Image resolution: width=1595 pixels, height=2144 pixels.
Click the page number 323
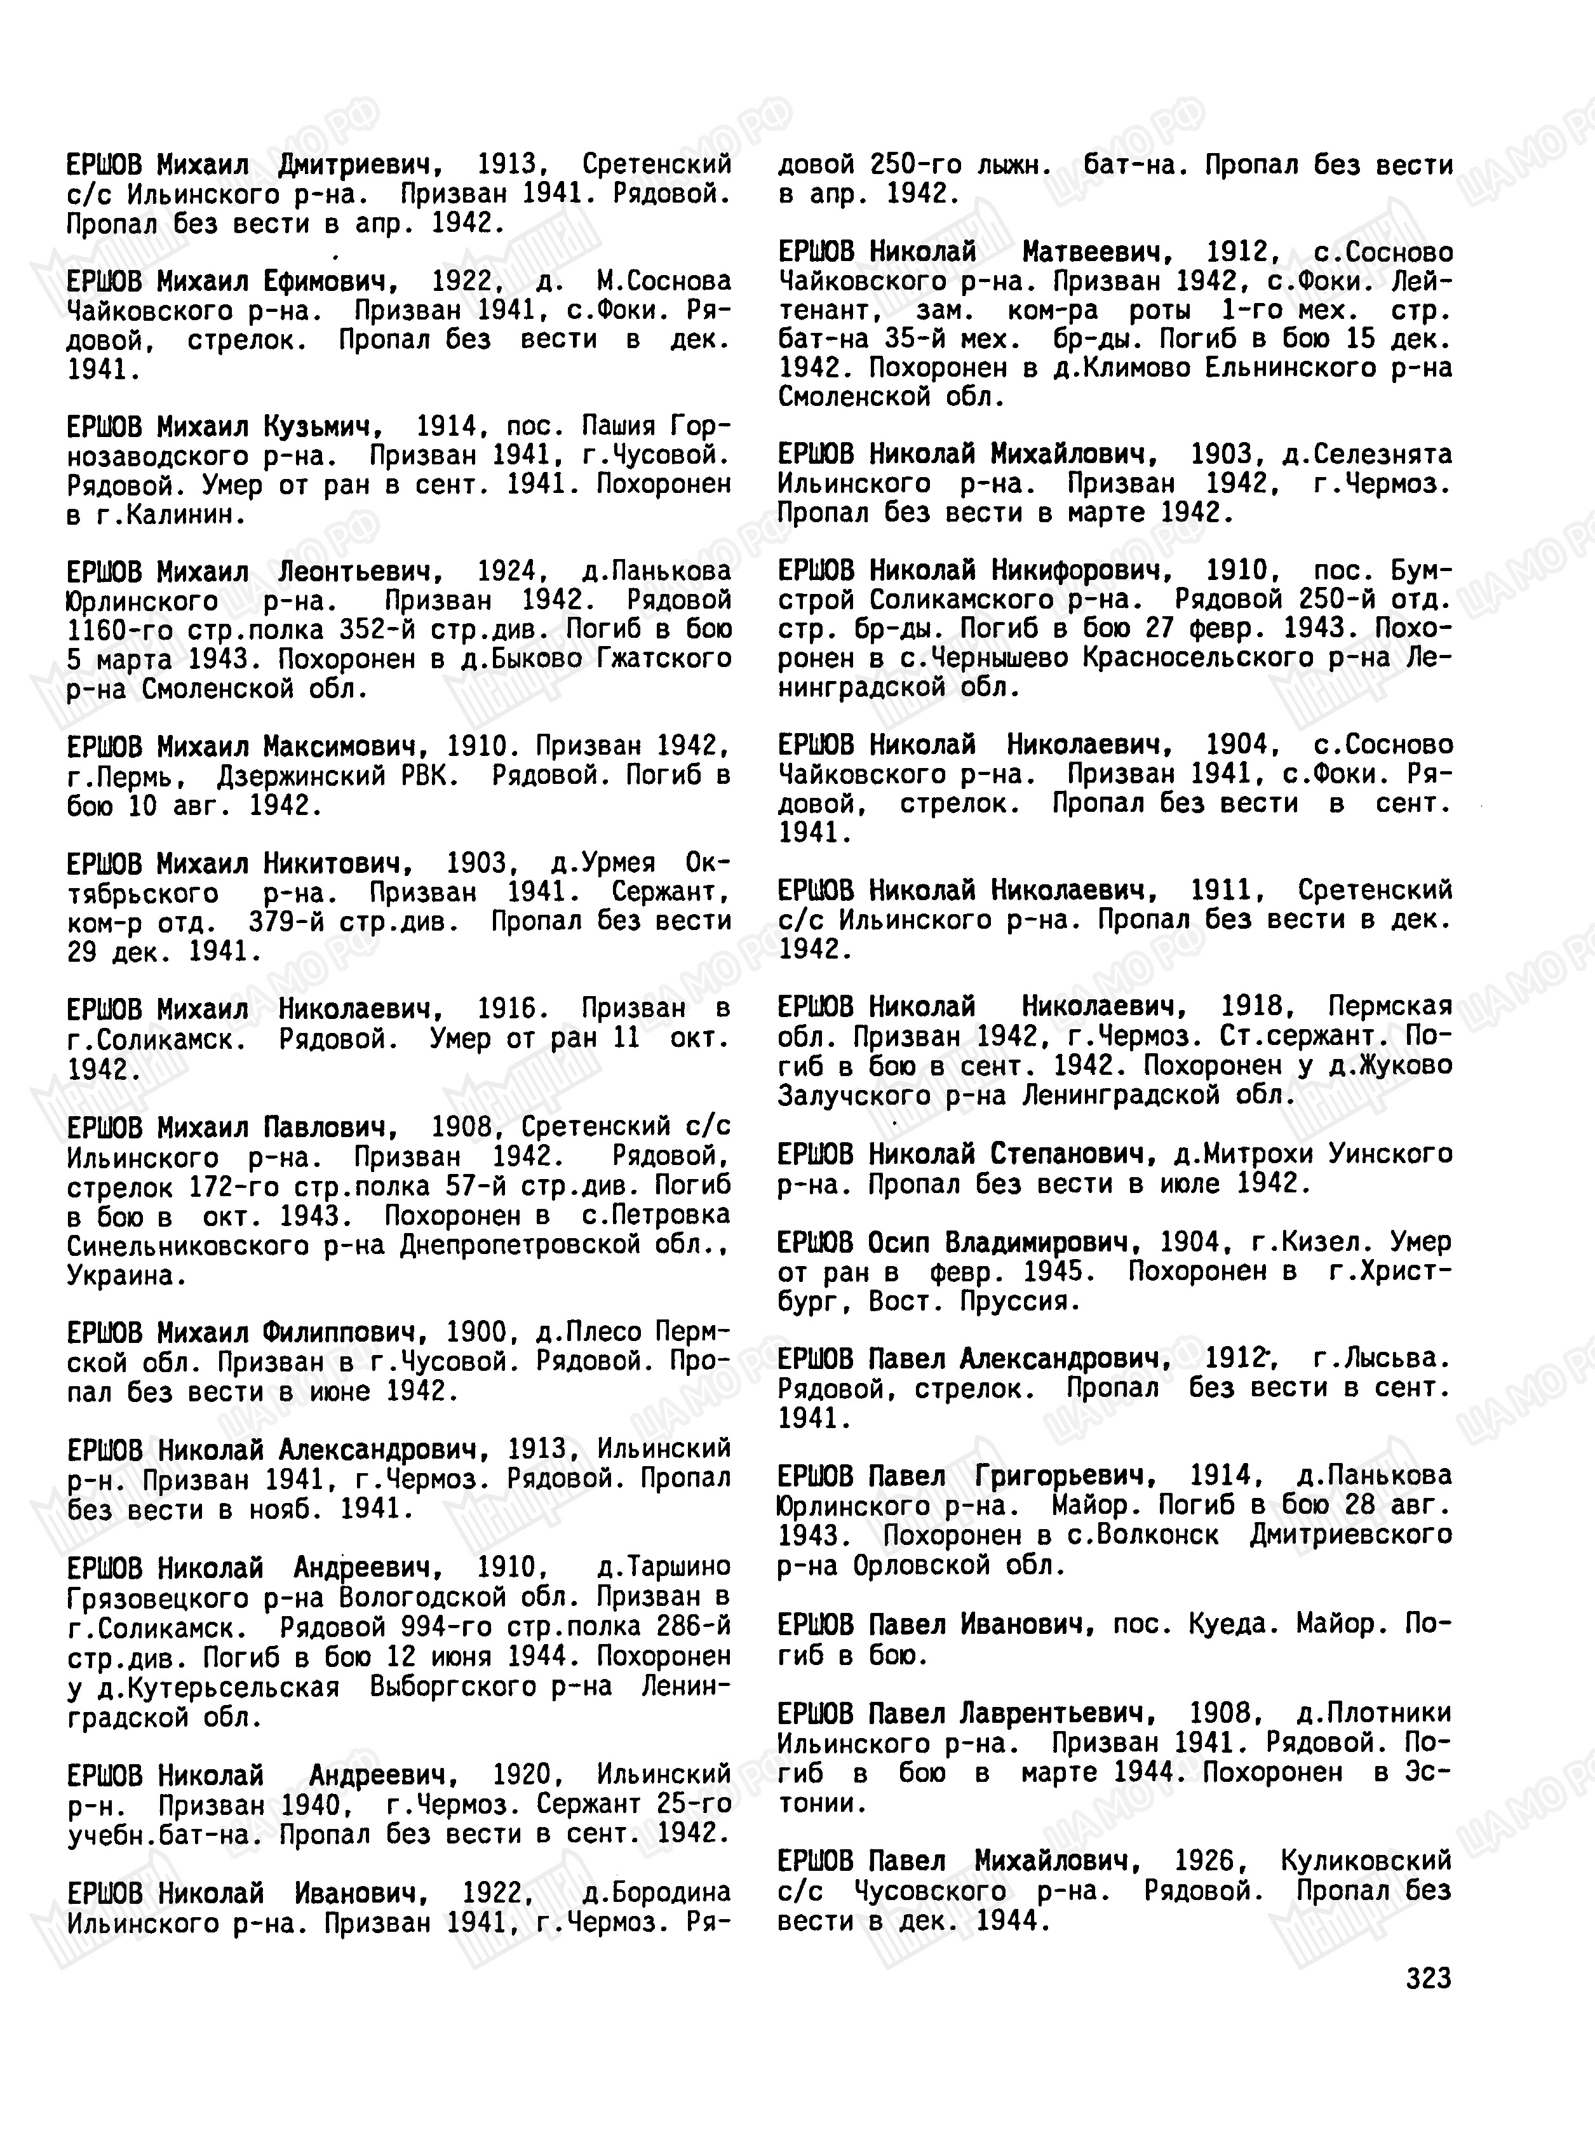click(x=1428, y=1978)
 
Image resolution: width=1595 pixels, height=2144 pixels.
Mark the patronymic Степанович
click(x=1073, y=1154)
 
